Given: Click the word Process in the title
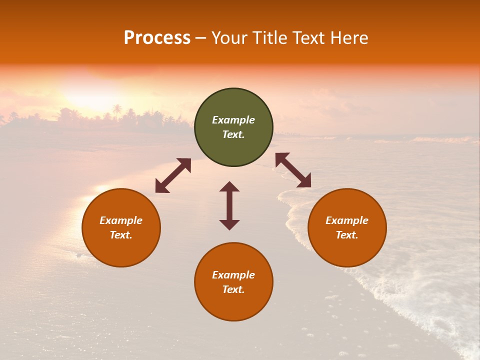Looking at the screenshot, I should [157, 38].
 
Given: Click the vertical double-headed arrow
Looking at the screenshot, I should [229, 205].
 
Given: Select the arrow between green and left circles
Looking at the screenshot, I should [173, 175].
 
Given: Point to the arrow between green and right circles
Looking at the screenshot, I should [293, 170].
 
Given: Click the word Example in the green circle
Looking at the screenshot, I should [233, 120].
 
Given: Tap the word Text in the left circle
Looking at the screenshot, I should [121, 235].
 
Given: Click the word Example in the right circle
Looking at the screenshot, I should [347, 220].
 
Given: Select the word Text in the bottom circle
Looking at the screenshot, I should [233, 289].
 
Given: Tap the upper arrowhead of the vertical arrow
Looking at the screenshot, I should [229, 186].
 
